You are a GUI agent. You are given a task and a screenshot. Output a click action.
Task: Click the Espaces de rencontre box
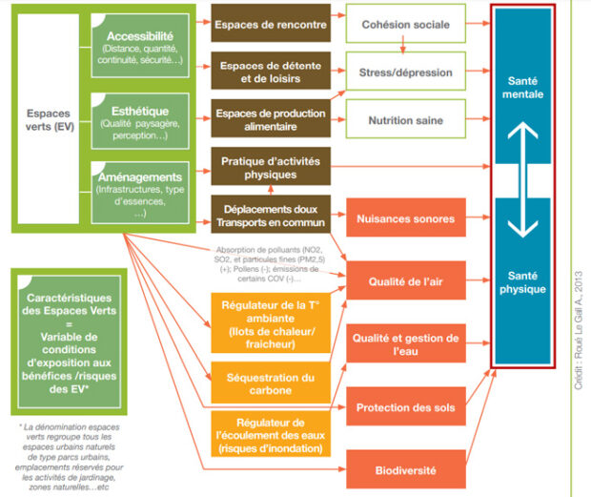tap(256, 24)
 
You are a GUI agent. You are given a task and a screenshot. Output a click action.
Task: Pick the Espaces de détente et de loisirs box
tap(256, 72)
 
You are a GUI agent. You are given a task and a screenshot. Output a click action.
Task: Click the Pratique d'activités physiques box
tap(256, 168)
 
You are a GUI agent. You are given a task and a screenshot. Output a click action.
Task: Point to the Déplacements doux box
tap(256, 216)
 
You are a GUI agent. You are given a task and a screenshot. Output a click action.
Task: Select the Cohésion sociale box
tap(406, 24)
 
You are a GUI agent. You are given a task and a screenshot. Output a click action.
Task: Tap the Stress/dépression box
tap(406, 72)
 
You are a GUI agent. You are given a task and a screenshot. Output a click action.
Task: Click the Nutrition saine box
tap(406, 120)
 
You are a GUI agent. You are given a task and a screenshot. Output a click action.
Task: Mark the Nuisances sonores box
tap(406, 218)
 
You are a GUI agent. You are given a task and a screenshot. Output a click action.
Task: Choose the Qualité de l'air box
tap(406, 280)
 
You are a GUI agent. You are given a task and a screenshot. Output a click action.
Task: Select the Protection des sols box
tap(406, 407)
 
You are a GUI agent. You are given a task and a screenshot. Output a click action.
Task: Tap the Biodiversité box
tap(406, 469)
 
